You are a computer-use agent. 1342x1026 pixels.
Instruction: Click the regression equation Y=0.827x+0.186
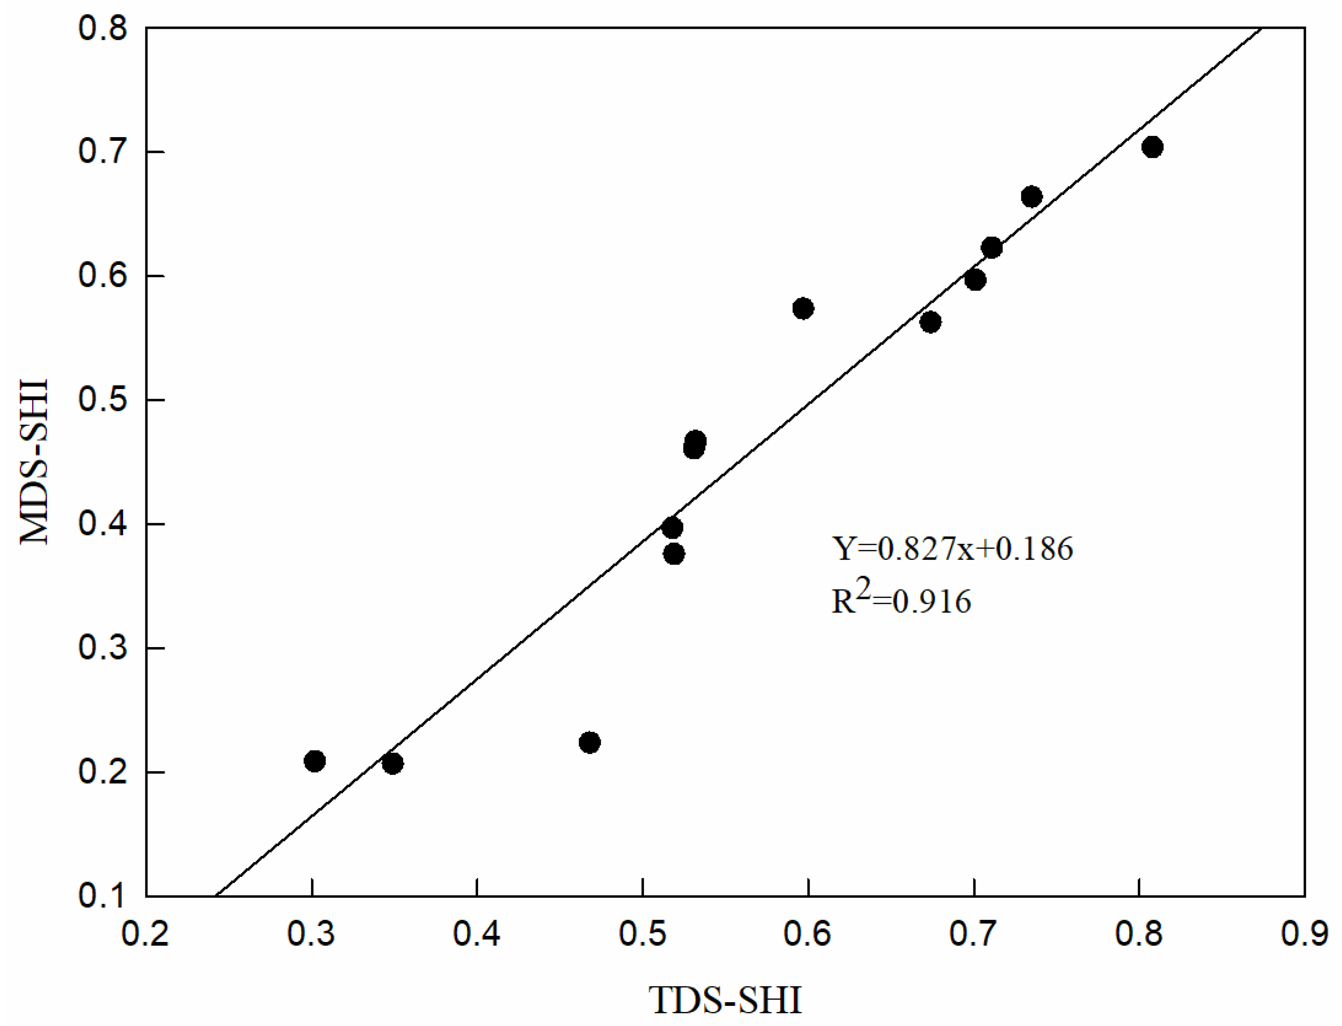[952, 548]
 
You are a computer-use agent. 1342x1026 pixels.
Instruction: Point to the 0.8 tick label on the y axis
[103, 29]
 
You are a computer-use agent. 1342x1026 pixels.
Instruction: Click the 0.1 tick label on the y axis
[103, 895]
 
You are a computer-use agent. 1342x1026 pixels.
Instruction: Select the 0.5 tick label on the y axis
[103, 400]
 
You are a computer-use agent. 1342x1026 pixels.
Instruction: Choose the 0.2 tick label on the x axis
[145, 935]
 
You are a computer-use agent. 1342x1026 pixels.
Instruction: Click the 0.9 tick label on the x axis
[1304, 935]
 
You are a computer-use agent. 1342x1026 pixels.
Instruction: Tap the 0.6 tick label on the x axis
[808, 935]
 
